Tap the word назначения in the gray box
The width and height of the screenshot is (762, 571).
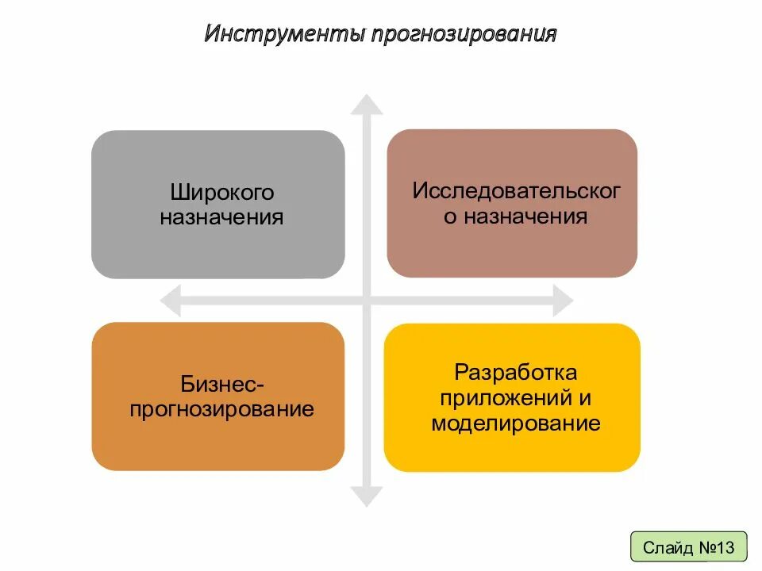[x=221, y=217]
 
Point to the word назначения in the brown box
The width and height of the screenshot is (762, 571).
[x=525, y=217]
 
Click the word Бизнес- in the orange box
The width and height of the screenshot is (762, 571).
[x=221, y=385]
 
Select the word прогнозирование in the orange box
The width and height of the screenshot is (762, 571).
[x=222, y=410]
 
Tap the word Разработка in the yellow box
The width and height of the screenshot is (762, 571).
[x=515, y=372]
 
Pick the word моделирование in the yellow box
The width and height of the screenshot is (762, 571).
[x=516, y=423]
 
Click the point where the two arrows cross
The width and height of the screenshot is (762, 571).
[x=366, y=301]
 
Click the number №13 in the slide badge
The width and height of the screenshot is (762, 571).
[x=718, y=547]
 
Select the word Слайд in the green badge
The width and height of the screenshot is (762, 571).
[x=668, y=547]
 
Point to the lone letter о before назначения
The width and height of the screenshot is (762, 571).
[x=451, y=217]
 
